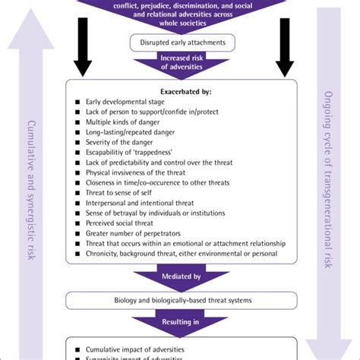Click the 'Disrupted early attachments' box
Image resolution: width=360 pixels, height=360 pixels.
coord(179,43)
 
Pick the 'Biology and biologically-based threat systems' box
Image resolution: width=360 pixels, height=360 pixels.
coord(179,301)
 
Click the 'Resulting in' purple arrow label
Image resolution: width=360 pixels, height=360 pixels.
coord(179,323)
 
